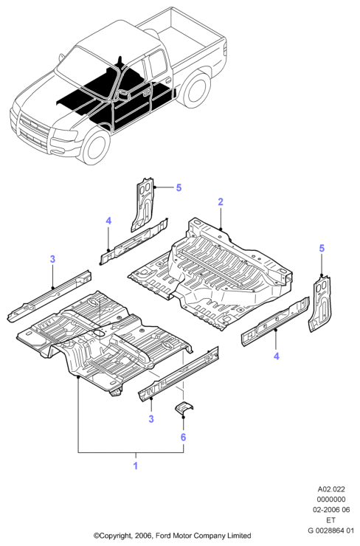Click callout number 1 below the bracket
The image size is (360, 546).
(x=136, y=466)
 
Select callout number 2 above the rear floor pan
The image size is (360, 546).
(x=221, y=201)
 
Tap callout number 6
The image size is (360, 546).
(x=183, y=437)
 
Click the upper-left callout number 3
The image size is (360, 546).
(x=52, y=259)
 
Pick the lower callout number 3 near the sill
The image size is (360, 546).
(x=151, y=418)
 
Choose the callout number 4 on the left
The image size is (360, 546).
(x=108, y=221)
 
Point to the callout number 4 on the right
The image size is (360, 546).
(x=277, y=356)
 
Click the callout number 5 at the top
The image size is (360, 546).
(x=179, y=187)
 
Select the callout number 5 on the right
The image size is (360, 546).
(x=322, y=248)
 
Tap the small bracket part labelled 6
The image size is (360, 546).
(x=184, y=408)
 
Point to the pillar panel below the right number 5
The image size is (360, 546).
(x=320, y=303)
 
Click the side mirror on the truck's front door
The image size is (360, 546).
(x=122, y=94)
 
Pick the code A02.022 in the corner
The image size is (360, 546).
(x=330, y=490)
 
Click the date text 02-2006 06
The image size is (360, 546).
(x=330, y=509)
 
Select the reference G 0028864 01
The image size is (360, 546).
(x=330, y=531)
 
